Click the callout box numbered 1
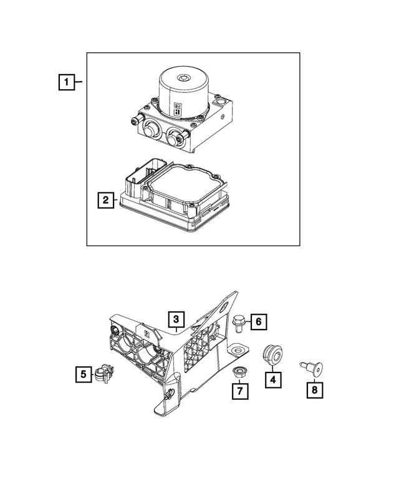(x=67, y=82)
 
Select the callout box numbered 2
(x=105, y=200)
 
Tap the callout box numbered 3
(x=176, y=320)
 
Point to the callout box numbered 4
(x=272, y=377)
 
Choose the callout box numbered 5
(x=82, y=374)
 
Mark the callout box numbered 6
(x=260, y=321)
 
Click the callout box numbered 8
(x=315, y=390)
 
